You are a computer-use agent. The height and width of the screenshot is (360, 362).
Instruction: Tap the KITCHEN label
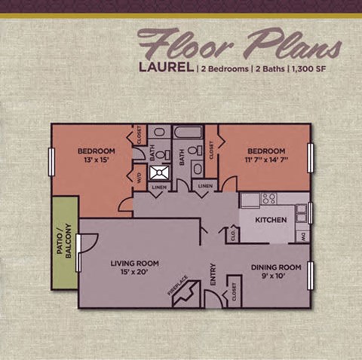269,220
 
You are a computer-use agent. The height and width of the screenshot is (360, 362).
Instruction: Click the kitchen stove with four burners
268,199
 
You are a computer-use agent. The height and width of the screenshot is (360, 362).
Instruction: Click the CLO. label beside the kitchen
234,235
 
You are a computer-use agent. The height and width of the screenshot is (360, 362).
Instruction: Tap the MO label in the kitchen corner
302,236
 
